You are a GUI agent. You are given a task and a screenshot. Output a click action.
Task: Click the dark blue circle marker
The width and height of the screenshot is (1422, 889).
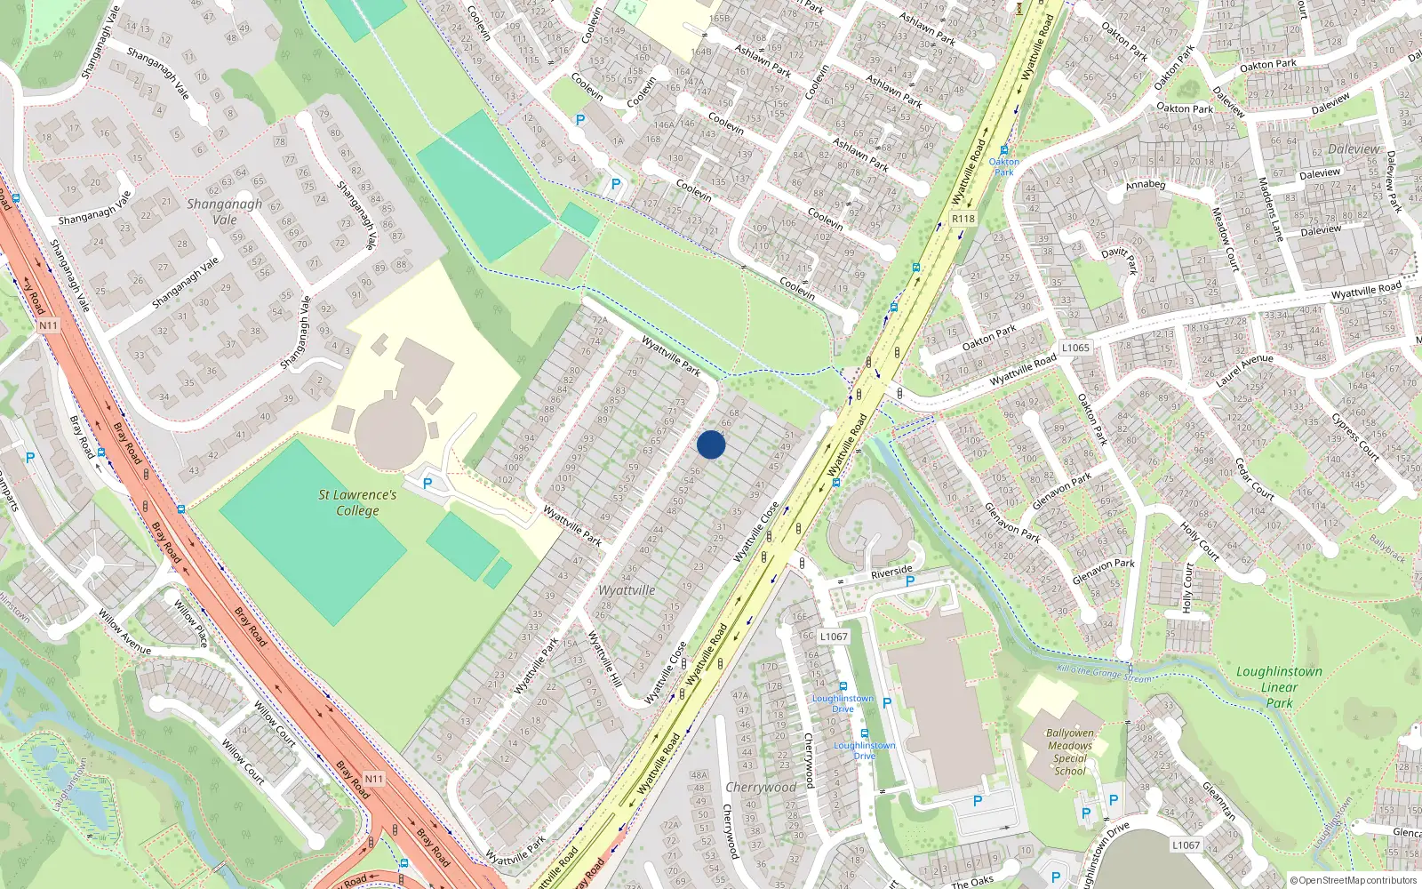(x=711, y=444)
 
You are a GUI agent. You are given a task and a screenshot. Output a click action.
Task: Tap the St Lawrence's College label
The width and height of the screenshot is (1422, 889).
(x=357, y=502)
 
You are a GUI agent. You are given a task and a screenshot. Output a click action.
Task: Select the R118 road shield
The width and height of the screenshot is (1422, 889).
(x=963, y=219)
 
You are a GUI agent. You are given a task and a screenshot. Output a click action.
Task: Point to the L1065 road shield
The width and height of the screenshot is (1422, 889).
(x=1074, y=348)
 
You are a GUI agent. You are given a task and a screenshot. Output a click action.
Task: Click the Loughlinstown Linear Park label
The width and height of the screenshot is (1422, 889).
(x=1279, y=687)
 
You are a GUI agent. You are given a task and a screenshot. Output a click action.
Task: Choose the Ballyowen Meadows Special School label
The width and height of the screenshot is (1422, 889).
(x=1070, y=752)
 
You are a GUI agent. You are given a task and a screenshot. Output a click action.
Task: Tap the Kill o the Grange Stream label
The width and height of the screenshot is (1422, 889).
(x=1103, y=674)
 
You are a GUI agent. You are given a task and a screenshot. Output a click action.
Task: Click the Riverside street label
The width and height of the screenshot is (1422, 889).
(x=891, y=572)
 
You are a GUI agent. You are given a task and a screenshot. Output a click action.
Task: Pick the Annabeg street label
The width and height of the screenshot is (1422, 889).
(x=1145, y=185)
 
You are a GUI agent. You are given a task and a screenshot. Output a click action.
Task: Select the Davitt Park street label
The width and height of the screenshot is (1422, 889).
(x=1119, y=259)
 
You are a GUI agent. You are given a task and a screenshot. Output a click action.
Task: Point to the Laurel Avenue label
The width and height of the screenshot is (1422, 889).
(x=1244, y=371)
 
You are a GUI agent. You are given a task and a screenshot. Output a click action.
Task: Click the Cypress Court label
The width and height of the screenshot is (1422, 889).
(x=1354, y=437)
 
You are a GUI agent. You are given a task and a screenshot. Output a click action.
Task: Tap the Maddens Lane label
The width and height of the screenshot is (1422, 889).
(x=1270, y=210)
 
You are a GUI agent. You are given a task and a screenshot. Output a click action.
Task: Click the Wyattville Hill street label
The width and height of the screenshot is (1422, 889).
(x=604, y=658)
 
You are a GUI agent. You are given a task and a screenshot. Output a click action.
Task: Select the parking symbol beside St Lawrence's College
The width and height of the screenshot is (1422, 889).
(x=427, y=484)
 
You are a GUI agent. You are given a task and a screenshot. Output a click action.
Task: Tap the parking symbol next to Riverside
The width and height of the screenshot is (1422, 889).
(x=909, y=581)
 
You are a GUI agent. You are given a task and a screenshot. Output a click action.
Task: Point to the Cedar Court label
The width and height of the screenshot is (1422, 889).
(x=1254, y=478)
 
